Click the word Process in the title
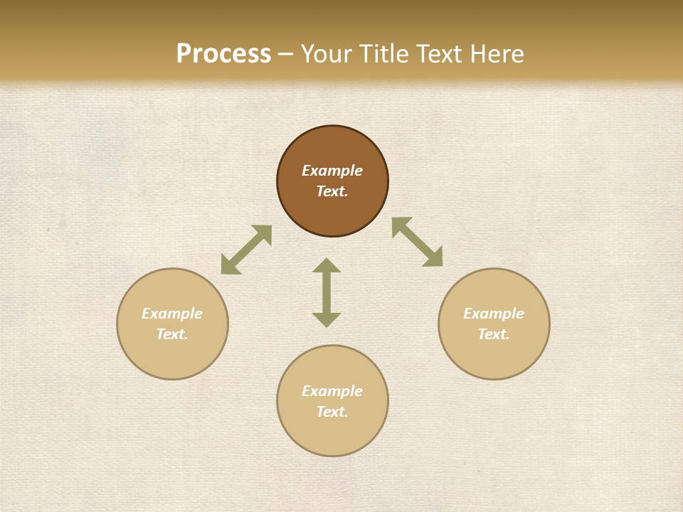223,54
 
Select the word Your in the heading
327,54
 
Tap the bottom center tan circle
332,434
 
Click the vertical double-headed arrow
327,292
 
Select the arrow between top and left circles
246,250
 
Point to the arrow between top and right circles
418,242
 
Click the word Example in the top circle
332,171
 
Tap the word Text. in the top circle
332,191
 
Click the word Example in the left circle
172,314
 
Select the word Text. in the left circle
172,334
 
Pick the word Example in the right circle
494,314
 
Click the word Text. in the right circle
494,334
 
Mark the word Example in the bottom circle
332,391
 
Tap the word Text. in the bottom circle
332,412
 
